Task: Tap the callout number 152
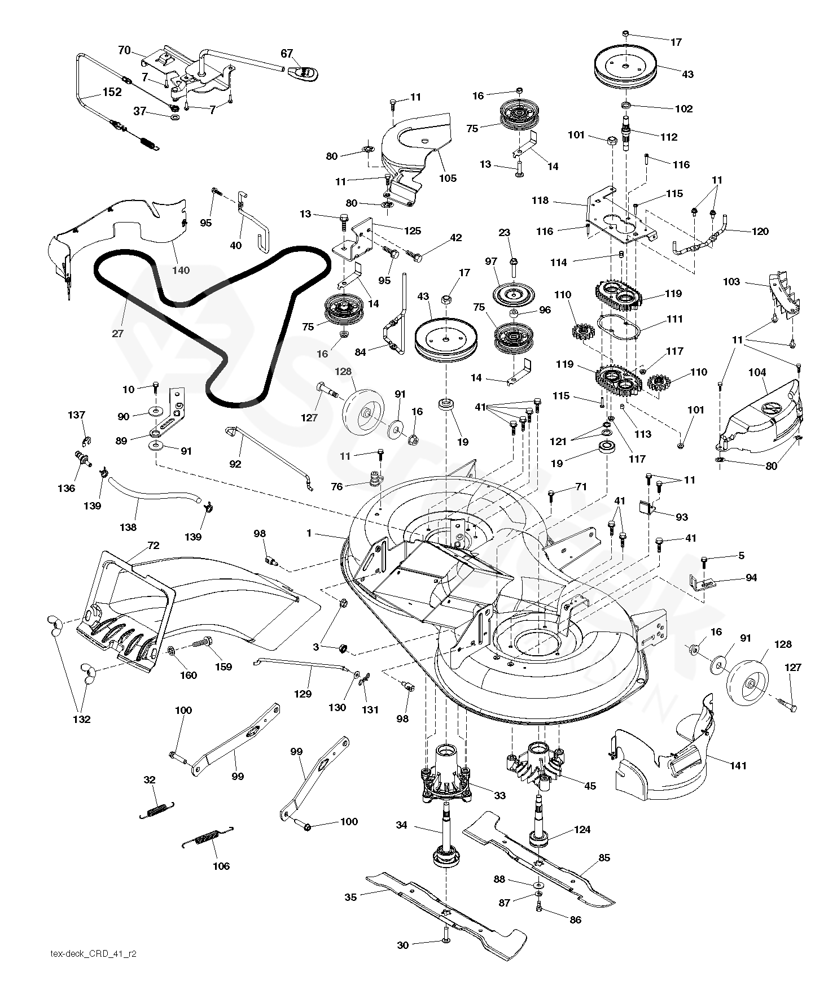point(112,92)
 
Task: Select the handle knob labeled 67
point(303,72)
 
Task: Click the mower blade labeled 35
point(446,910)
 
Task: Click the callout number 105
point(448,178)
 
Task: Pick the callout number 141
point(738,765)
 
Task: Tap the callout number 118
point(540,201)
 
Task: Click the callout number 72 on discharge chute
point(153,545)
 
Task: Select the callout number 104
point(757,372)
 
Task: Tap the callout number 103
point(731,281)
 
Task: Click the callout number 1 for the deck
point(309,533)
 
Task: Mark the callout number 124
point(582,829)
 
